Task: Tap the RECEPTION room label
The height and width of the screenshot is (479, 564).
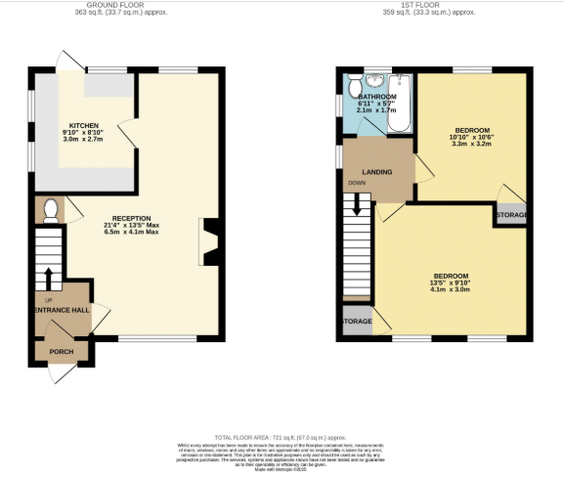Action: tap(129, 218)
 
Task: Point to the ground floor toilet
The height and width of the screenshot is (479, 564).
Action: tap(51, 208)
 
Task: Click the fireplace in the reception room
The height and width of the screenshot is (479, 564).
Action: tap(208, 236)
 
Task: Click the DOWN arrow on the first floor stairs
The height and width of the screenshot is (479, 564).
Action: tap(357, 202)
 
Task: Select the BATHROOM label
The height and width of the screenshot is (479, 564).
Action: tap(376, 98)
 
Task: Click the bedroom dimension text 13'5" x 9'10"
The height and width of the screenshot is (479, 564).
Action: tap(451, 283)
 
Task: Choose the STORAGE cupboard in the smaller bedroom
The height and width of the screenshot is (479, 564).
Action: tap(511, 214)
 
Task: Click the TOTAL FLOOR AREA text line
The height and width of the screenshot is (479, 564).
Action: tap(281, 438)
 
